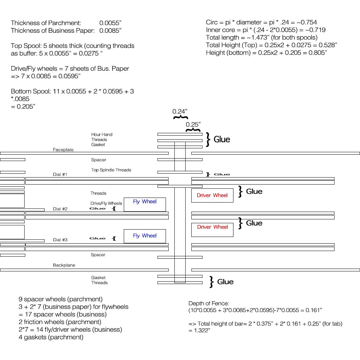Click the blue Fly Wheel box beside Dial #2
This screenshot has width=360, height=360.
tap(144, 204)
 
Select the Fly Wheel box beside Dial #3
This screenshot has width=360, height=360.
tap(144, 236)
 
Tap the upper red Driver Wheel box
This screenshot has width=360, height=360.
tap(212, 195)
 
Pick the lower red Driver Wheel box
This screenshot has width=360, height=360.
tap(212, 227)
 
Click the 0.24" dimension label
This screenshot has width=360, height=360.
tap(180, 112)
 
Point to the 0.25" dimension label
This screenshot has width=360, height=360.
tap(193, 124)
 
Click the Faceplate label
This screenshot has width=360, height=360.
tap(63, 150)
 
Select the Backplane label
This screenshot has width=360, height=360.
tap(64, 265)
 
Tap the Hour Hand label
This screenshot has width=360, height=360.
tap(102, 135)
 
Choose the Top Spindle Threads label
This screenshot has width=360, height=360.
tap(111, 170)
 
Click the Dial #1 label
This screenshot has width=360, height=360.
tap(60, 175)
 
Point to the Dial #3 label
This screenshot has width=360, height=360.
tap(60, 240)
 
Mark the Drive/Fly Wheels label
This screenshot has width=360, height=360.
tap(106, 204)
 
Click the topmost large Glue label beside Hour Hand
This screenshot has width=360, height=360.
tap(222, 140)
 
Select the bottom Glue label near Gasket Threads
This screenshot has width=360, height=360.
tap(225, 282)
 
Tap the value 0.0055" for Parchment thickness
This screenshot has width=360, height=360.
tap(110, 23)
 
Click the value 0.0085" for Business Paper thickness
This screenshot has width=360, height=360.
tap(110, 31)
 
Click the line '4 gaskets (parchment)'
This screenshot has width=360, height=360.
tap(51, 337)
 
